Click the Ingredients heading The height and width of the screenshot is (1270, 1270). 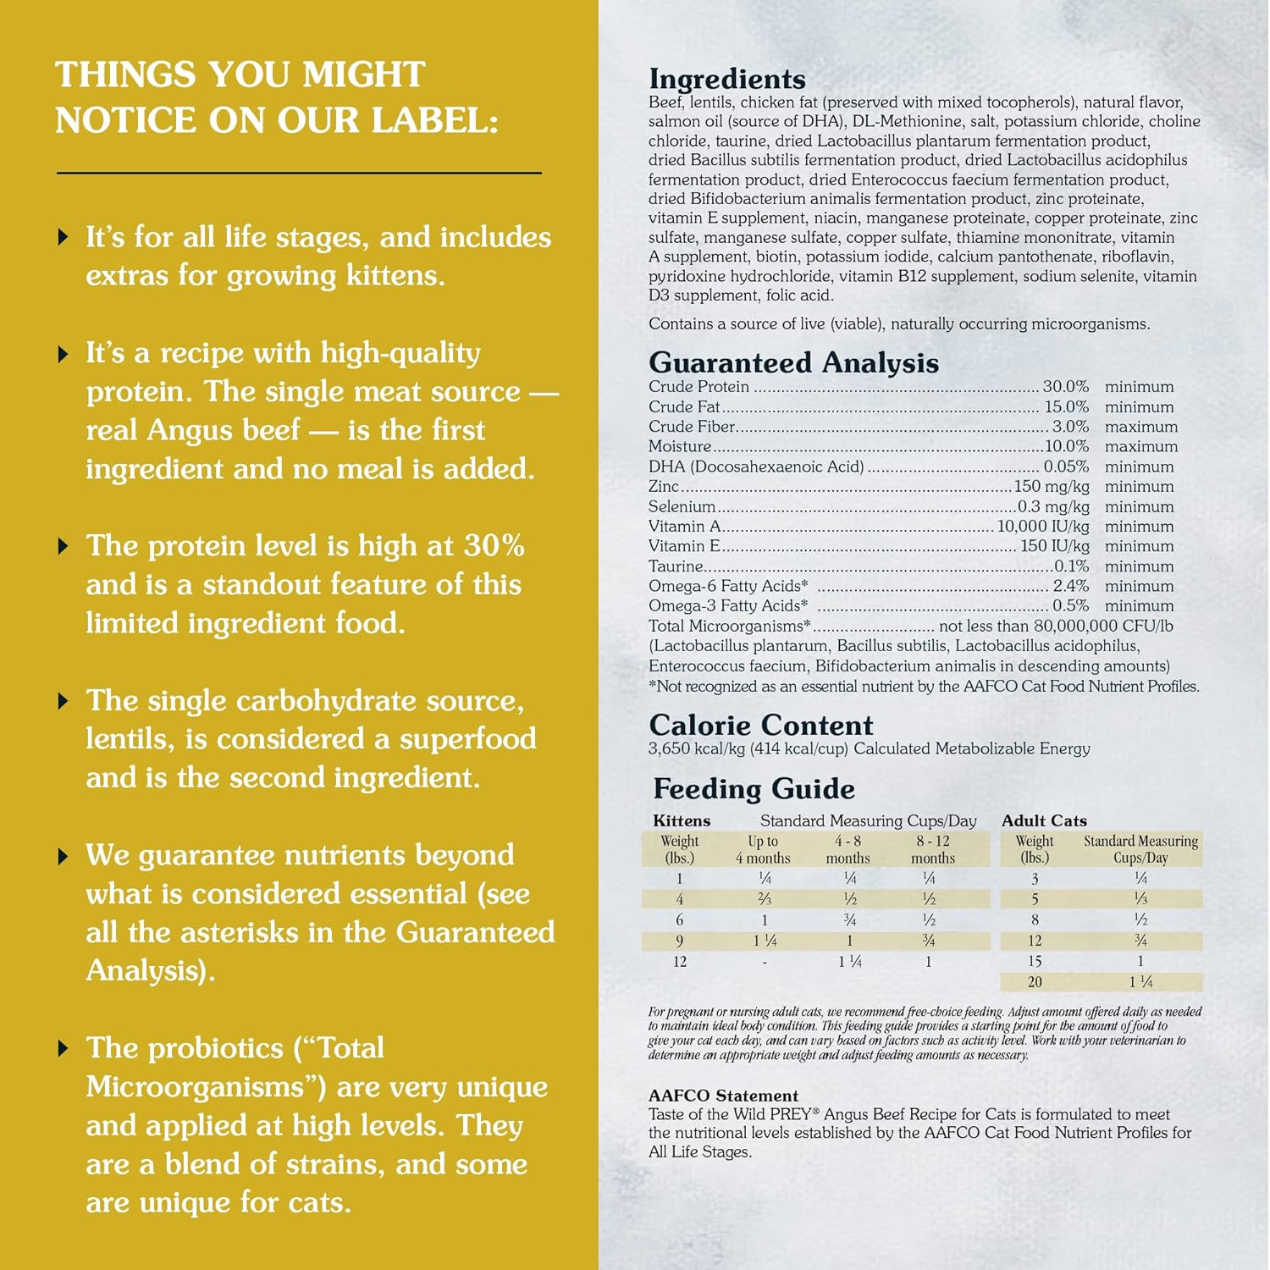(727, 79)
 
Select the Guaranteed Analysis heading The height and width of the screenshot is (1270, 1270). (793, 362)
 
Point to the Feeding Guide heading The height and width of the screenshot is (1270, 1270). (754, 788)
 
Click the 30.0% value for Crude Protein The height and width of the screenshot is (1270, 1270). (1065, 387)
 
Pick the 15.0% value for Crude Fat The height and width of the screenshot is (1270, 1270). (1066, 407)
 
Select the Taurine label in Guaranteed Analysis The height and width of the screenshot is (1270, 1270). (676, 566)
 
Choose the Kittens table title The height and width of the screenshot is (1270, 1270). (682, 820)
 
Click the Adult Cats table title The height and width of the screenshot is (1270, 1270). (1044, 820)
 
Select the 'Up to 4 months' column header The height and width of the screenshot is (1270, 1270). (763, 849)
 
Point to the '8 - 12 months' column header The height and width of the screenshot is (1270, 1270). (932, 849)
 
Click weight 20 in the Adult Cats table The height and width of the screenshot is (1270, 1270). (1035, 982)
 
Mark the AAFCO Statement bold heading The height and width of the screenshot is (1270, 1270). (723, 1096)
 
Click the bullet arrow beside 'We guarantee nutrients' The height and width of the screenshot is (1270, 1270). (63, 857)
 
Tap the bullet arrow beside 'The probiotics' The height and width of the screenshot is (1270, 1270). (63, 1049)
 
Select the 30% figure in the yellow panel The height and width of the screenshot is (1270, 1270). (494, 546)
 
